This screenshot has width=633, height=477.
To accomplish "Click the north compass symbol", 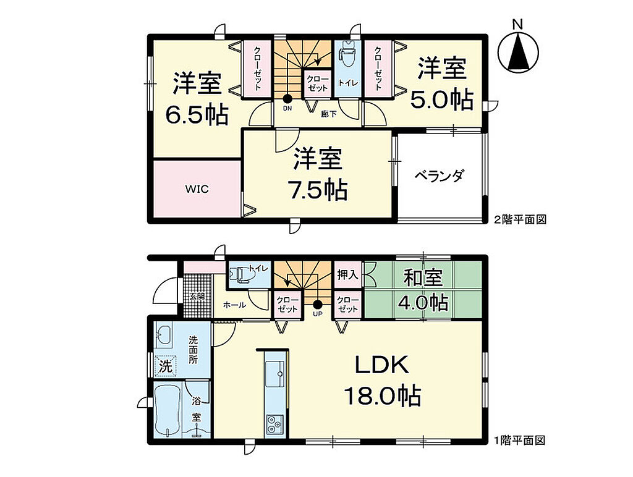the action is [x=518, y=52].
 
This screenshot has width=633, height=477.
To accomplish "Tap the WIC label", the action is [x=197, y=189].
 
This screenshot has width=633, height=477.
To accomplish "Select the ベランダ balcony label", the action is [x=440, y=176].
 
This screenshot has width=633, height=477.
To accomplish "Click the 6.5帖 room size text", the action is [x=197, y=115].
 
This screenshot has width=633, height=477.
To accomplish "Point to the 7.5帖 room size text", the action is [x=317, y=190].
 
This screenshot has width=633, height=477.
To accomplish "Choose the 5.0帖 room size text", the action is [x=441, y=100].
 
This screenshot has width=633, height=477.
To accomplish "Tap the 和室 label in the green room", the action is [x=423, y=277].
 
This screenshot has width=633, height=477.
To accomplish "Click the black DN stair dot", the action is [x=287, y=98].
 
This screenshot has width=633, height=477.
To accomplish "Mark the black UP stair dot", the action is [x=318, y=305].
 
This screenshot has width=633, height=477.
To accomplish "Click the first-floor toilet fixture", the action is [x=240, y=275].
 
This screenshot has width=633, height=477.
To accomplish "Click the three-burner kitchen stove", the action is [x=274, y=425].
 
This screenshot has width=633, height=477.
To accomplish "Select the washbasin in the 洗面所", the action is [x=163, y=334].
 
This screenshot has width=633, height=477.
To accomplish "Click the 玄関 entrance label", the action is [x=197, y=297].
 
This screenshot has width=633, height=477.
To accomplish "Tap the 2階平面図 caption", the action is [x=520, y=220].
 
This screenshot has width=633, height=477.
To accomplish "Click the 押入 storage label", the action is [x=347, y=275].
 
